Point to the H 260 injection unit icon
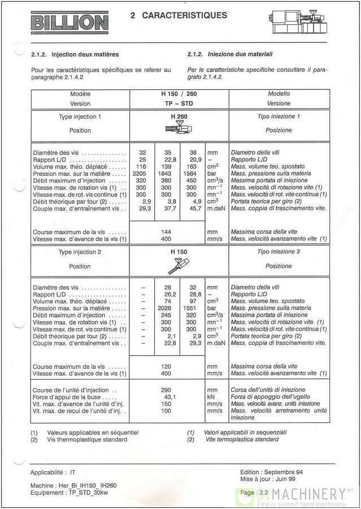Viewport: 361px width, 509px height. click(179, 130)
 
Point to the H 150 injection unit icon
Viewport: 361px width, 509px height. click(182, 265)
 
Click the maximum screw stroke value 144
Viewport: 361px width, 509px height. click(166, 232)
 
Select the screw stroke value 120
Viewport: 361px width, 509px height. click(166, 366)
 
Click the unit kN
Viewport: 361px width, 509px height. click(211, 397)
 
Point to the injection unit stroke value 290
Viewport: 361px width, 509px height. click(166, 390)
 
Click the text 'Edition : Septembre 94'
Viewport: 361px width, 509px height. click(271, 472)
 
